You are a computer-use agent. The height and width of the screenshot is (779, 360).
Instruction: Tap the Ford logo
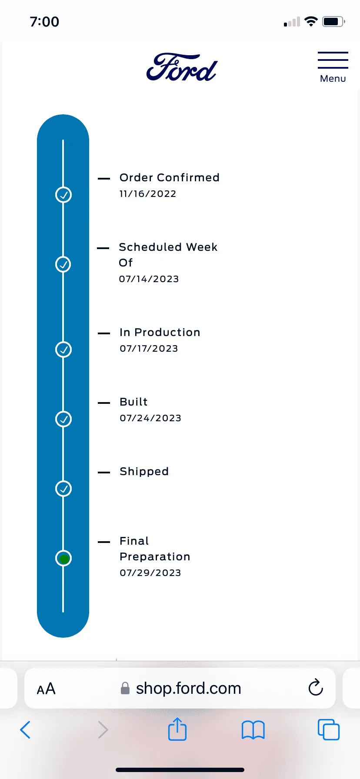(182, 67)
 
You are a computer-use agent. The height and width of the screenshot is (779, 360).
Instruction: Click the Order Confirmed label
(170, 177)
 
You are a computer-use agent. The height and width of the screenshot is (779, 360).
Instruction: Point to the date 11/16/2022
(148, 194)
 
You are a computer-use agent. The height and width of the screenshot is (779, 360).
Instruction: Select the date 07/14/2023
(149, 279)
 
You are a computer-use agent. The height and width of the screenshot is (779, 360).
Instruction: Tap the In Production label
(160, 332)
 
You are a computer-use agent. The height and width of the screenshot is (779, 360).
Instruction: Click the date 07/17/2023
(149, 349)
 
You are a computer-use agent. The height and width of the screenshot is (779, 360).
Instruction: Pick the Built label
(133, 402)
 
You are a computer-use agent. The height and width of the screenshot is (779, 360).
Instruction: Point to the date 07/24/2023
(150, 418)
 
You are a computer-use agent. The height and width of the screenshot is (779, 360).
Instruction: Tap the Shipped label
(144, 472)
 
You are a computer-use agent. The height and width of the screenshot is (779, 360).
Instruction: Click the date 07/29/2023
(150, 573)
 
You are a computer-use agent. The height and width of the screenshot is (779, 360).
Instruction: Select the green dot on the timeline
(64, 559)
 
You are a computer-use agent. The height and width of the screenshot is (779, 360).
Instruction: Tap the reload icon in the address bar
(316, 688)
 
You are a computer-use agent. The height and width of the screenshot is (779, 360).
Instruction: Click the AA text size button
(46, 689)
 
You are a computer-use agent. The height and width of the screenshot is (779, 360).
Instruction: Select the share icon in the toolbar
(177, 729)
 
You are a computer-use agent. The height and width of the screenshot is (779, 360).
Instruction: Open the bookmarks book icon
(253, 730)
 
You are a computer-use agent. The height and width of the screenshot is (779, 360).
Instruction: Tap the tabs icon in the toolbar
(329, 729)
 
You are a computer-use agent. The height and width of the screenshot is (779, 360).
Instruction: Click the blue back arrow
(25, 730)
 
